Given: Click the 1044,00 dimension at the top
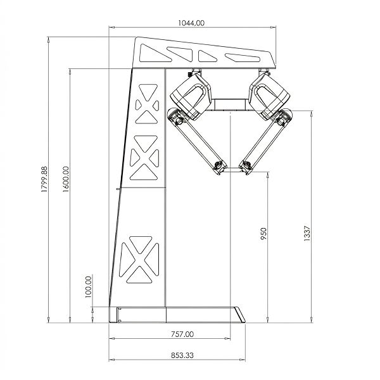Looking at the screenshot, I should click(193, 22).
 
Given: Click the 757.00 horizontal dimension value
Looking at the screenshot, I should click(182, 333).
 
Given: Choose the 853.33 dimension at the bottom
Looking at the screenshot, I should click(182, 356).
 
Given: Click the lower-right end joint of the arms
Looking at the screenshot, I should click(245, 167).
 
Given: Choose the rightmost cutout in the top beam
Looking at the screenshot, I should click(242, 58).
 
